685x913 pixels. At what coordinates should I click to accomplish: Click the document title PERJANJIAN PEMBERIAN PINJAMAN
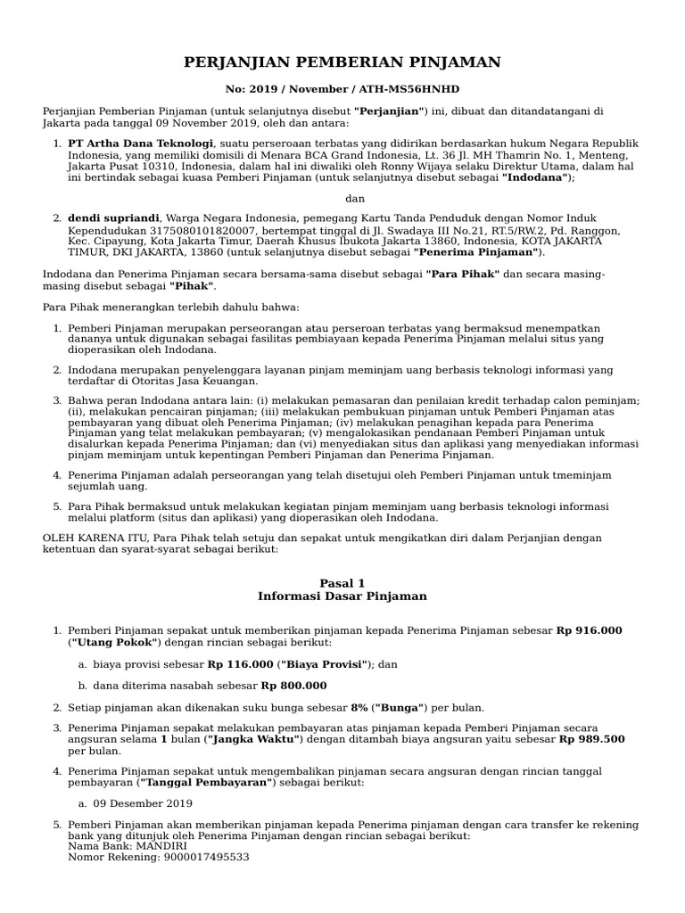[x=342, y=62]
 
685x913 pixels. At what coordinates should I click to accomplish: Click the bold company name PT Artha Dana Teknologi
[x=140, y=144]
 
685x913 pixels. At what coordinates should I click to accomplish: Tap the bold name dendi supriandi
[x=113, y=218]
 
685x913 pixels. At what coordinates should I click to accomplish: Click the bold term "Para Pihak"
[x=462, y=275]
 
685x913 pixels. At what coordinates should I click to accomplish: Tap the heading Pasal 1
[x=342, y=583]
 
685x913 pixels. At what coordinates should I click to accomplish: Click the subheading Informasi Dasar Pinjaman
[x=342, y=596]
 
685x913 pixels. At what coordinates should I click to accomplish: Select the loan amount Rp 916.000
[x=589, y=630]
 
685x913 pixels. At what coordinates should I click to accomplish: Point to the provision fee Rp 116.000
[x=240, y=664]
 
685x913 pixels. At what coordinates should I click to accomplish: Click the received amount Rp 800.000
[x=293, y=686]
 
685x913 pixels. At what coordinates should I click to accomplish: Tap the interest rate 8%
[x=359, y=708]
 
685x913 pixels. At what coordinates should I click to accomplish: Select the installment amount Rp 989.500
[x=591, y=739]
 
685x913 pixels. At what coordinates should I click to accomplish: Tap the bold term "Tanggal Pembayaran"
[x=207, y=782]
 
